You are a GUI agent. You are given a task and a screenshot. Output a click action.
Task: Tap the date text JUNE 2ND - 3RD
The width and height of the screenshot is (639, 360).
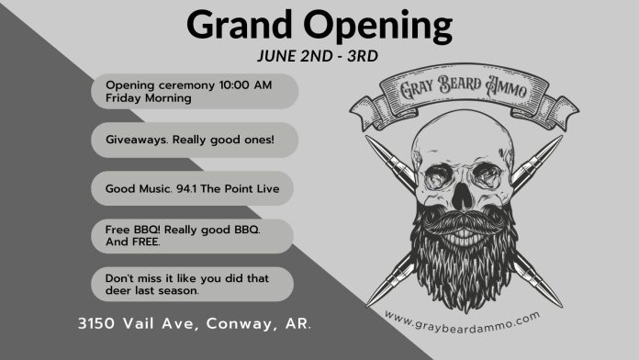point(319,54)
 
